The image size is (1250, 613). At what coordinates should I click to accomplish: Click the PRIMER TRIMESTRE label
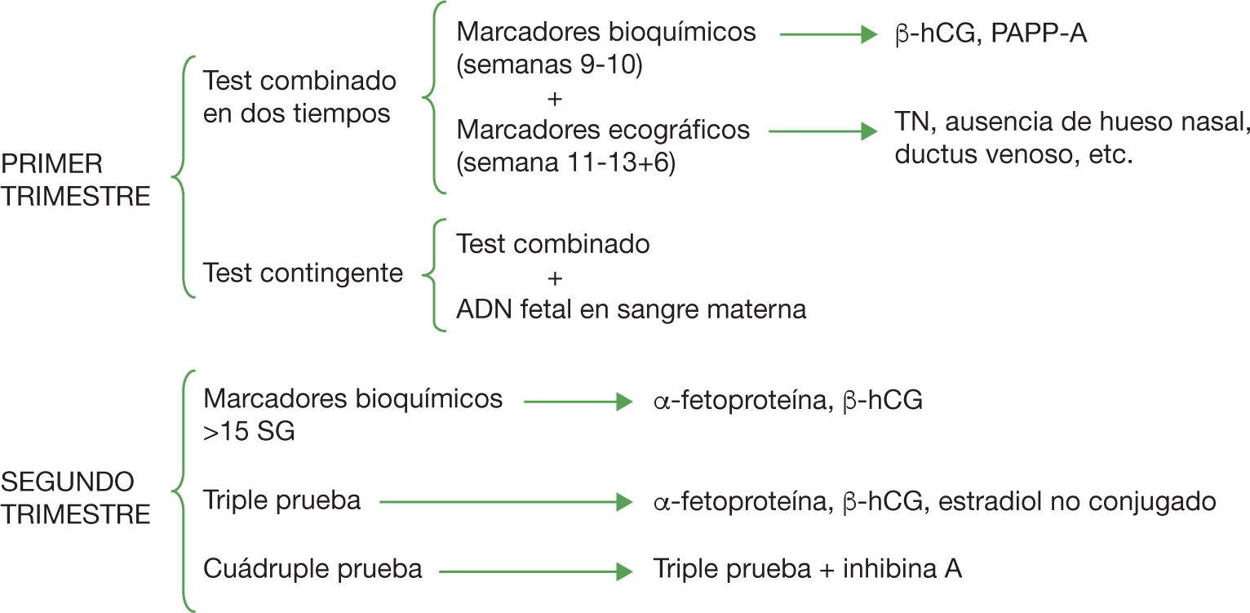click(75, 180)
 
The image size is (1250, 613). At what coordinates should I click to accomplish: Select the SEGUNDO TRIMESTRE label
click(75, 498)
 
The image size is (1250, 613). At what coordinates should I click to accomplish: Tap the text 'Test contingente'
click(303, 273)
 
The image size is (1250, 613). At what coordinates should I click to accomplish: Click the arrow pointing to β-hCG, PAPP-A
click(828, 35)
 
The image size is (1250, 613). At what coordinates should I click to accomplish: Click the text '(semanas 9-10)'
click(550, 66)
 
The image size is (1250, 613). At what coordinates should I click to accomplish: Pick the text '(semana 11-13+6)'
click(566, 162)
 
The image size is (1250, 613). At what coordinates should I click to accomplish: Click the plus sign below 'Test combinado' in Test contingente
click(554, 278)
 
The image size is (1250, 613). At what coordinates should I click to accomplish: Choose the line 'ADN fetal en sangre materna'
click(632, 310)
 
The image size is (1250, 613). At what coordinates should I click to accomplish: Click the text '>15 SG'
click(249, 432)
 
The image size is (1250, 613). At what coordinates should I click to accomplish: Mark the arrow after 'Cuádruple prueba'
click(535, 571)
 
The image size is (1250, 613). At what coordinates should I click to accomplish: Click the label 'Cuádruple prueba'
click(312, 569)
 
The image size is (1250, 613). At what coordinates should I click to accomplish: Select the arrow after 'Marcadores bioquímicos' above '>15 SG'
click(578, 402)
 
